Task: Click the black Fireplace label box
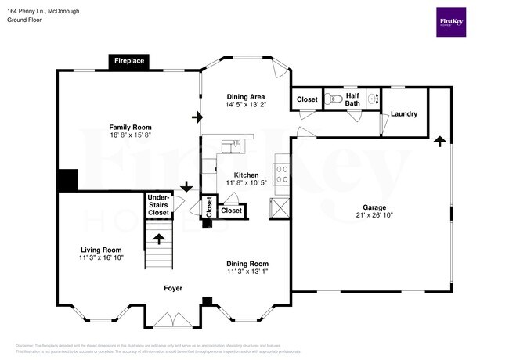click(x=129, y=61)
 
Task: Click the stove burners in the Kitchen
click(x=281, y=174)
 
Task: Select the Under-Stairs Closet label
click(x=158, y=205)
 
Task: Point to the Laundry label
click(x=404, y=114)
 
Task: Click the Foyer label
click(x=173, y=288)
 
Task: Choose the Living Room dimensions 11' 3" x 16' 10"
click(x=101, y=257)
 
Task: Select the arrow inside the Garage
click(x=440, y=142)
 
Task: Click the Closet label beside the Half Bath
click(x=307, y=100)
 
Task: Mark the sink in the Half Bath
click(x=374, y=99)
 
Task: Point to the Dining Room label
click(x=247, y=264)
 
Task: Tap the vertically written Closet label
click(x=209, y=207)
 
